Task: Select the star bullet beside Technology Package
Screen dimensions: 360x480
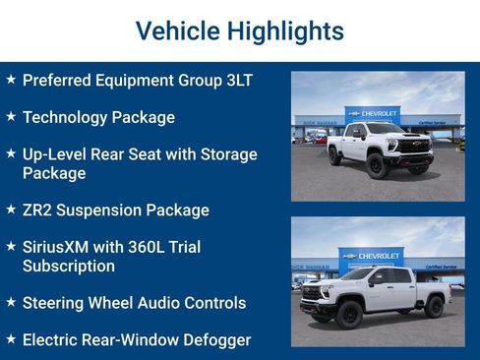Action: click(11, 116)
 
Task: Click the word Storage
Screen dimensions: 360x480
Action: click(225, 154)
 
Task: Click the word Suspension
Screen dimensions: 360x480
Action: click(102, 210)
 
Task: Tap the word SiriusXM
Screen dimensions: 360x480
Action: click(61, 247)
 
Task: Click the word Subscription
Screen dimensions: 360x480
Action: click(69, 266)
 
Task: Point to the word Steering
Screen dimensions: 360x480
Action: click(55, 303)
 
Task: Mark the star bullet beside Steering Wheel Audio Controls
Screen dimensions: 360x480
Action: click(11, 302)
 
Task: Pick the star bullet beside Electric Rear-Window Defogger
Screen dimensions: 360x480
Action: click(11, 339)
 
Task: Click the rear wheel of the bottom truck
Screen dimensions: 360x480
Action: click(434, 308)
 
